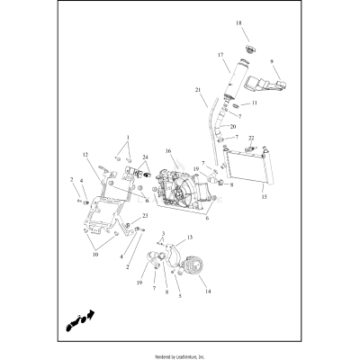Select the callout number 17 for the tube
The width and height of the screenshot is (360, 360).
click(220, 55)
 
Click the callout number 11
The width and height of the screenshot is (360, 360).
click(255, 103)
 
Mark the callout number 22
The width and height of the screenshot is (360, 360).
click(252, 138)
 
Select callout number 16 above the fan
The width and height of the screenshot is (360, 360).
click(167, 151)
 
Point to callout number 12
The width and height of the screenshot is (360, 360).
click(86, 155)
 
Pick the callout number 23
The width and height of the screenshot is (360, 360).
click(145, 216)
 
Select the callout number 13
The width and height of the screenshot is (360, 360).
click(191, 238)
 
